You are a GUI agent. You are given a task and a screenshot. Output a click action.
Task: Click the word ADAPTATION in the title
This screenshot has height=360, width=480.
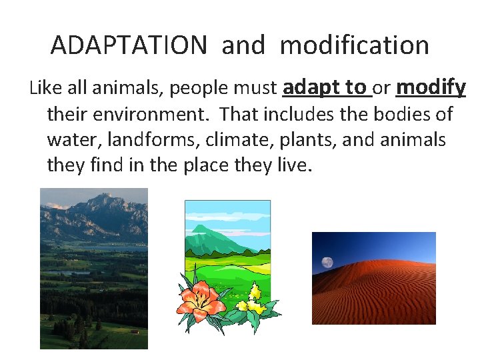(x=129, y=45)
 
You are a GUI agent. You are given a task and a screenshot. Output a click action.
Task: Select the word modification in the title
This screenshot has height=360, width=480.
(x=354, y=45)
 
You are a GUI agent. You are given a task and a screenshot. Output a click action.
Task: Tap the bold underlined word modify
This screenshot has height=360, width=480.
(x=430, y=88)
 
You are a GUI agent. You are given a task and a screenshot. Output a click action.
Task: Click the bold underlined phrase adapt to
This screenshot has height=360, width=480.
(x=325, y=88)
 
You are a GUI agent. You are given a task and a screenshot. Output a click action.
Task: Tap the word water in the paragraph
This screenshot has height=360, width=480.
(x=69, y=140)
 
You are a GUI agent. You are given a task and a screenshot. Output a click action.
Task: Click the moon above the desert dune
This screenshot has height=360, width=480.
(x=327, y=262)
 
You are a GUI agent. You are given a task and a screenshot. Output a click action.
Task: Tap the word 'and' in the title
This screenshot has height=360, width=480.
(x=244, y=45)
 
